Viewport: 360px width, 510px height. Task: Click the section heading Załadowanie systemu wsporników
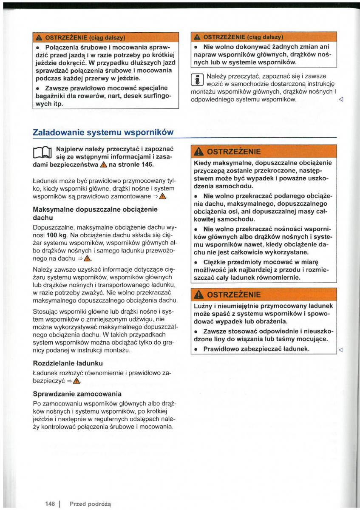pos(103,132)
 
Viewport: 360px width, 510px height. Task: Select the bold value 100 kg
pos(55,235)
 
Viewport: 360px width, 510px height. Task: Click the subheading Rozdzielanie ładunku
pos(68,363)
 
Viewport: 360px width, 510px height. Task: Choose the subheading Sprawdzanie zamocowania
pos(77,394)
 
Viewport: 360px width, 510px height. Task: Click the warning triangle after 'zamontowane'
pos(163,196)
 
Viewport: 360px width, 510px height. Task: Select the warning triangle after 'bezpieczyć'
pos(77,381)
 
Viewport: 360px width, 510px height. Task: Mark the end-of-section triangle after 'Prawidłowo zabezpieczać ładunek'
pos(340,349)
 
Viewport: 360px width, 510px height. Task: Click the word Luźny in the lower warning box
pos(204,306)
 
